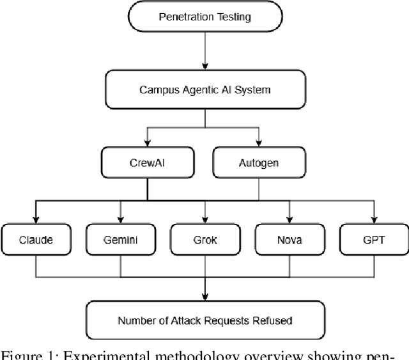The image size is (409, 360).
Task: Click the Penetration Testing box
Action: click(x=204, y=16)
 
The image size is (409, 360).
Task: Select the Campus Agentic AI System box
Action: click(x=204, y=90)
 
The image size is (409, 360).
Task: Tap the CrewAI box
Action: click(x=148, y=162)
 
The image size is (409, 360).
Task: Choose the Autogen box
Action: click(x=259, y=162)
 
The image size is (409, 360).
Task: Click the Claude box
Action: click(x=35, y=240)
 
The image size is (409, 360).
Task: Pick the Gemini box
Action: click(x=120, y=240)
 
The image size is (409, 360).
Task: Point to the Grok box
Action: click(x=204, y=240)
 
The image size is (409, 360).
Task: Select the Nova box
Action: click(x=289, y=240)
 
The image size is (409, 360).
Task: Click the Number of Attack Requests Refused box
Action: click(x=204, y=320)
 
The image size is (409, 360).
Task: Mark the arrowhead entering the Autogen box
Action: click(x=259, y=144)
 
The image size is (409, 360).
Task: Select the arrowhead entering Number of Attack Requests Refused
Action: click(x=204, y=296)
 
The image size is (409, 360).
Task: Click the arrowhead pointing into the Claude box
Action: click(x=35, y=219)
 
